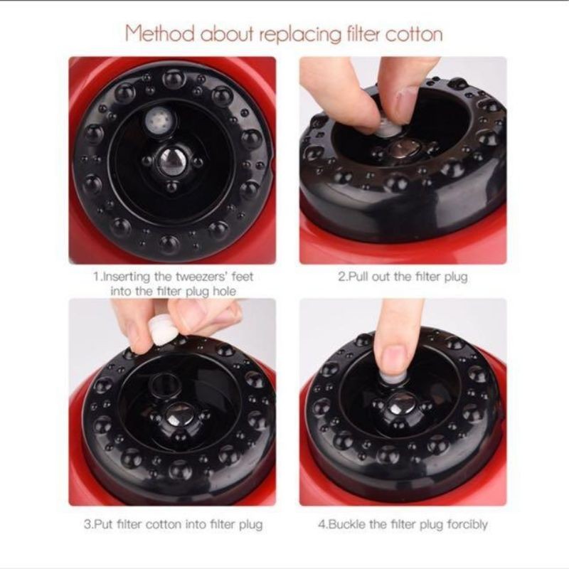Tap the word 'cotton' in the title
pyautogui.click(x=414, y=35)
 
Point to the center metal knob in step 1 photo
pyautogui.click(x=170, y=161)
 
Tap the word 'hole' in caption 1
pyautogui.click(x=224, y=291)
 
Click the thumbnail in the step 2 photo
pyautogui.click(x=404, y=102)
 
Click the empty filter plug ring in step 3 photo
pyautogui.click(x=165, y=385)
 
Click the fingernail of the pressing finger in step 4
pyautogui.click(x=395, y=358)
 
